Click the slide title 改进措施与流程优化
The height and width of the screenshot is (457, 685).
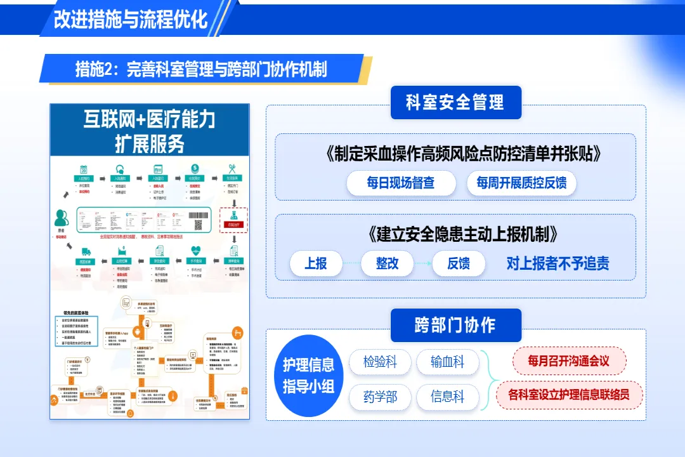point(131,19)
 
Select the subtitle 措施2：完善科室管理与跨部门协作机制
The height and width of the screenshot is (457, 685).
point(201,69)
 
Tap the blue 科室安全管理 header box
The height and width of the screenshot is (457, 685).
point(455,102)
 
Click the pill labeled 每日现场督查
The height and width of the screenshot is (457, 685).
point(401,183)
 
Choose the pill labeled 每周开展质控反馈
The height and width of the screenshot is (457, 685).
point(521,183)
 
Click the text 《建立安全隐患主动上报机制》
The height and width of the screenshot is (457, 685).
point(463,234)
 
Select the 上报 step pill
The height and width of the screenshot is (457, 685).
point(316,263)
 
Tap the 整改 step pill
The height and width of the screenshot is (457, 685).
point(387,263)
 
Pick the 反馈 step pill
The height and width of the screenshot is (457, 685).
point(459,263)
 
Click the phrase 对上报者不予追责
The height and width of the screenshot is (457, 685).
point(558,263)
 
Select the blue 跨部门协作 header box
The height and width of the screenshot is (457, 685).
point(455,326)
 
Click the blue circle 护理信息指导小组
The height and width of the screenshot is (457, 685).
point(308,376)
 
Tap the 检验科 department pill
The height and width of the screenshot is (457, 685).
point(381,362)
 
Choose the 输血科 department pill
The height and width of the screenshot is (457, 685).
point(448,362)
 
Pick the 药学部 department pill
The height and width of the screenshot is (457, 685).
point(381,397)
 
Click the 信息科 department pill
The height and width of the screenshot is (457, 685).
point(448,397)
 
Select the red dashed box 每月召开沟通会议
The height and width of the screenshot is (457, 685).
point(569,361)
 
